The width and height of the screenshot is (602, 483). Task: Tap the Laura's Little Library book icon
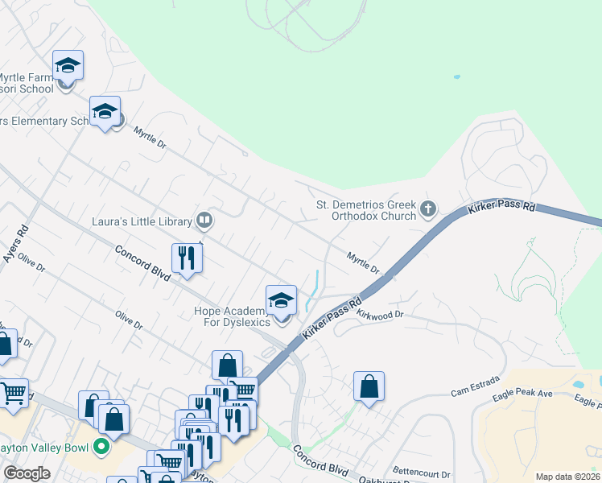tap(204, 221)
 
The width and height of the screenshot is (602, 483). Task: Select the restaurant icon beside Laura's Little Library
tap(187, 258)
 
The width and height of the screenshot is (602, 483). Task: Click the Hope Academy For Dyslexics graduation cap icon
tap(281, 300)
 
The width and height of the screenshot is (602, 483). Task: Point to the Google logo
tap(27, 473)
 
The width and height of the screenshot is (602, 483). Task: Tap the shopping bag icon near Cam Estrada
tap(369, 386)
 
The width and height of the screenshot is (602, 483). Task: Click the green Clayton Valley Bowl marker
tap(101, 445)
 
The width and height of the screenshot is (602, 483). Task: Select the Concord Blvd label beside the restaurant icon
tap(142, 262)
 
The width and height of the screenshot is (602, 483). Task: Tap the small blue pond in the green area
tap(456, 77)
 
